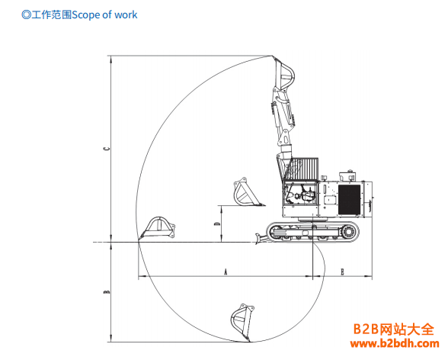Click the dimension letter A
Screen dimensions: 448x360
[226, 272]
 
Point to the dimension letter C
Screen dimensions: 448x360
[107, 149]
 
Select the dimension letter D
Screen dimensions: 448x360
[217, 223]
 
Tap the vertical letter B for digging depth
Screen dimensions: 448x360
[107, 292]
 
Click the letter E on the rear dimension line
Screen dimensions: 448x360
[343, 272]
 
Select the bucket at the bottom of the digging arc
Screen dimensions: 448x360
[242, 322]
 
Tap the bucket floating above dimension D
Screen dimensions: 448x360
[247, 192]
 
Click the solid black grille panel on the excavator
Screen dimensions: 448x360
[349, 200]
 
